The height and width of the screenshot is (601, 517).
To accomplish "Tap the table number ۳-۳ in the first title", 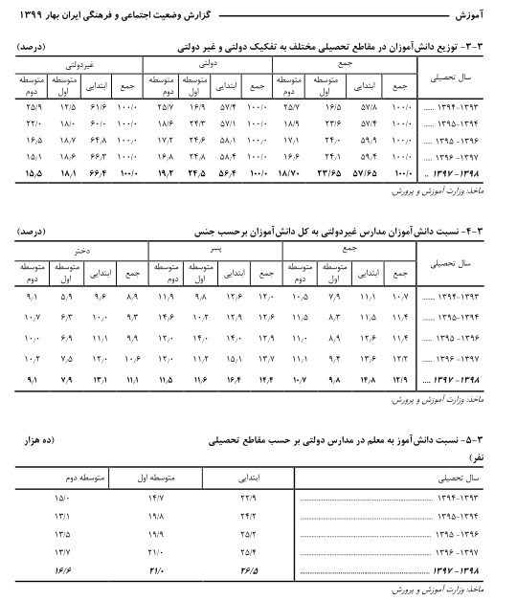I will click(x=488, y=45).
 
